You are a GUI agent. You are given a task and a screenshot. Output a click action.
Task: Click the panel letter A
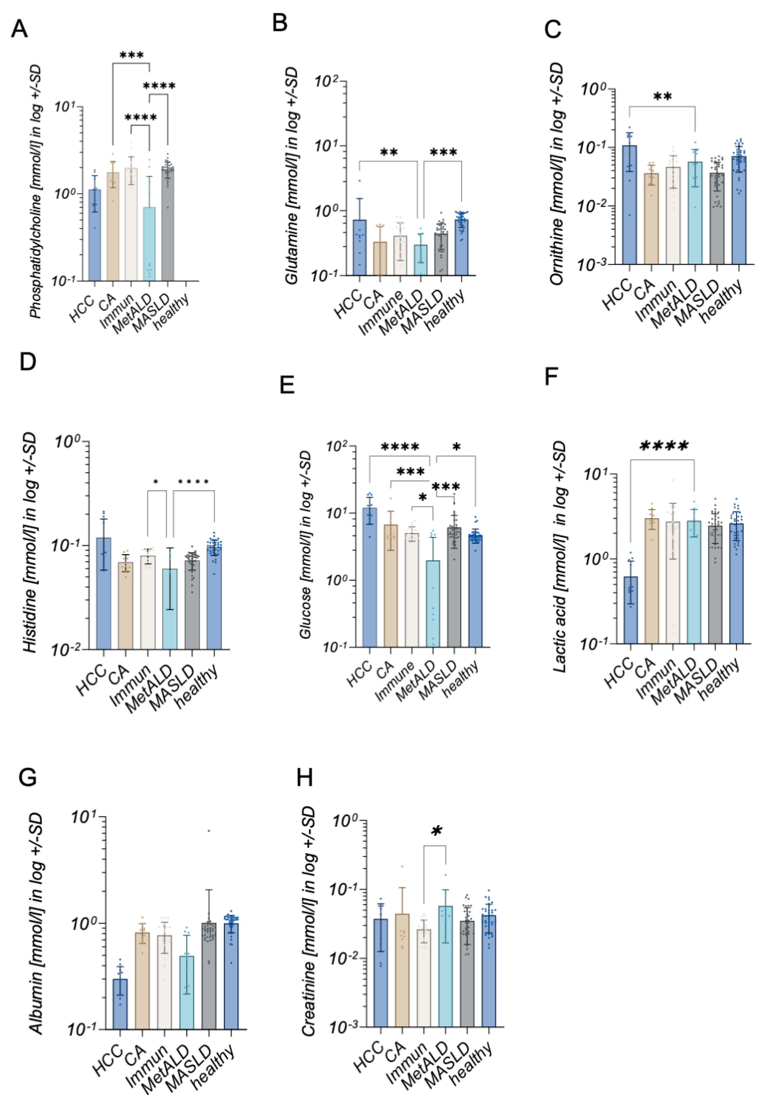pyautogui.click(x=19, y=29)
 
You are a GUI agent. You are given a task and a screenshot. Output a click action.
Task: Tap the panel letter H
pyautogui.click(x=304, y=777)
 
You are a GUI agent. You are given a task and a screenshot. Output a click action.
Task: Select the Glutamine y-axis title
pyautogui.click(x=292, y=176)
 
